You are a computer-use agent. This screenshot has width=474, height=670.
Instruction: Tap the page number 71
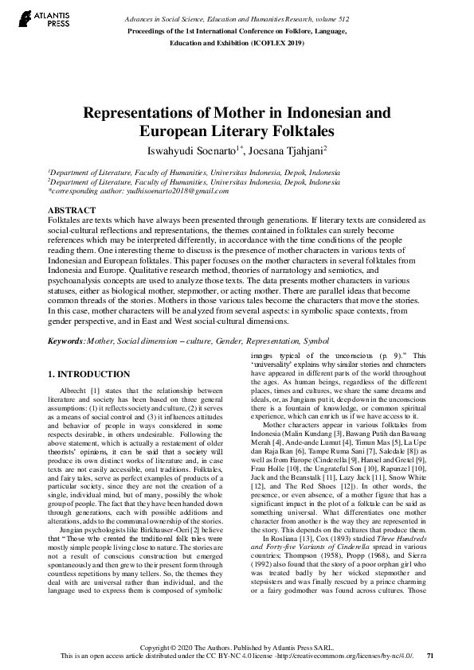point(430,656)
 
